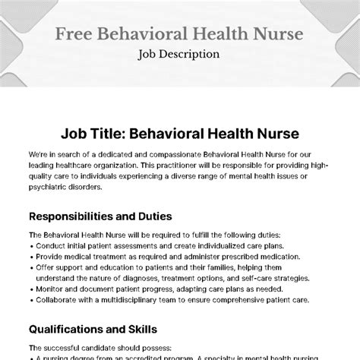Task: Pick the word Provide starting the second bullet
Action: tap(47, 257)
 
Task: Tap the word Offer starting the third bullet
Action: tap(43, 268)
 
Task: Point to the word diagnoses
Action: tap(139, 279)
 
